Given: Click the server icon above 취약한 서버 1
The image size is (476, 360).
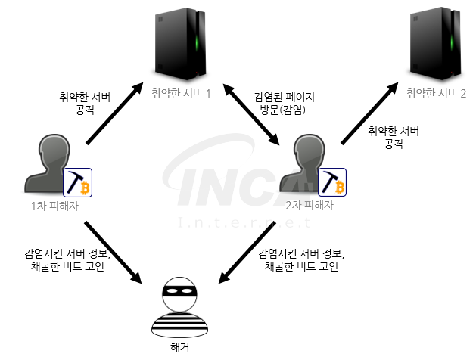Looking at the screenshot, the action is pos(181,44).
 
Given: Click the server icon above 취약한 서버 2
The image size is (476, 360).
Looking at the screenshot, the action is pos(436,44).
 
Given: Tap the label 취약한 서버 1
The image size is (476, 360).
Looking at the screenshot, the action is pos(181,94).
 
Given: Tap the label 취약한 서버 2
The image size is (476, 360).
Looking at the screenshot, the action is pos(436,94).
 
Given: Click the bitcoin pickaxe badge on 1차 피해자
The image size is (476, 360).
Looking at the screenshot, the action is pos(77,182).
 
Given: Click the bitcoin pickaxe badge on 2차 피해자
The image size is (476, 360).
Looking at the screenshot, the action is pos(332,182).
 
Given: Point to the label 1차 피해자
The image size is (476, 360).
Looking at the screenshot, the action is pos(55,206).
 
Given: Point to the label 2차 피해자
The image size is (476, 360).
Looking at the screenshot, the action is pos(310,206).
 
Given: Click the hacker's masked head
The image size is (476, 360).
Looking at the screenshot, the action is pos(179,294).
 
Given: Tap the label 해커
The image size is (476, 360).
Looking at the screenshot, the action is pos(180,347).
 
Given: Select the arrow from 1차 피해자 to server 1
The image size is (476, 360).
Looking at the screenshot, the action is pos(114,113).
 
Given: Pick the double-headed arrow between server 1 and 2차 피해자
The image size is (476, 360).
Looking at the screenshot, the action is pos(250,114).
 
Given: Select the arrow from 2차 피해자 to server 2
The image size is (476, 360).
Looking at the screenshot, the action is pos(369,113).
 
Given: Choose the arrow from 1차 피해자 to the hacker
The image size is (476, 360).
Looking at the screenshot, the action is pos(114,253).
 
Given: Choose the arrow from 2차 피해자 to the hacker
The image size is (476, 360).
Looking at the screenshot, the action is pos(247,253).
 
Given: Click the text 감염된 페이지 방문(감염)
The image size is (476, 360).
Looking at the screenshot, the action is pos(284,104).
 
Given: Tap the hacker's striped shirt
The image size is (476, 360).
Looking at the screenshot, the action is pos(179,324).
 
